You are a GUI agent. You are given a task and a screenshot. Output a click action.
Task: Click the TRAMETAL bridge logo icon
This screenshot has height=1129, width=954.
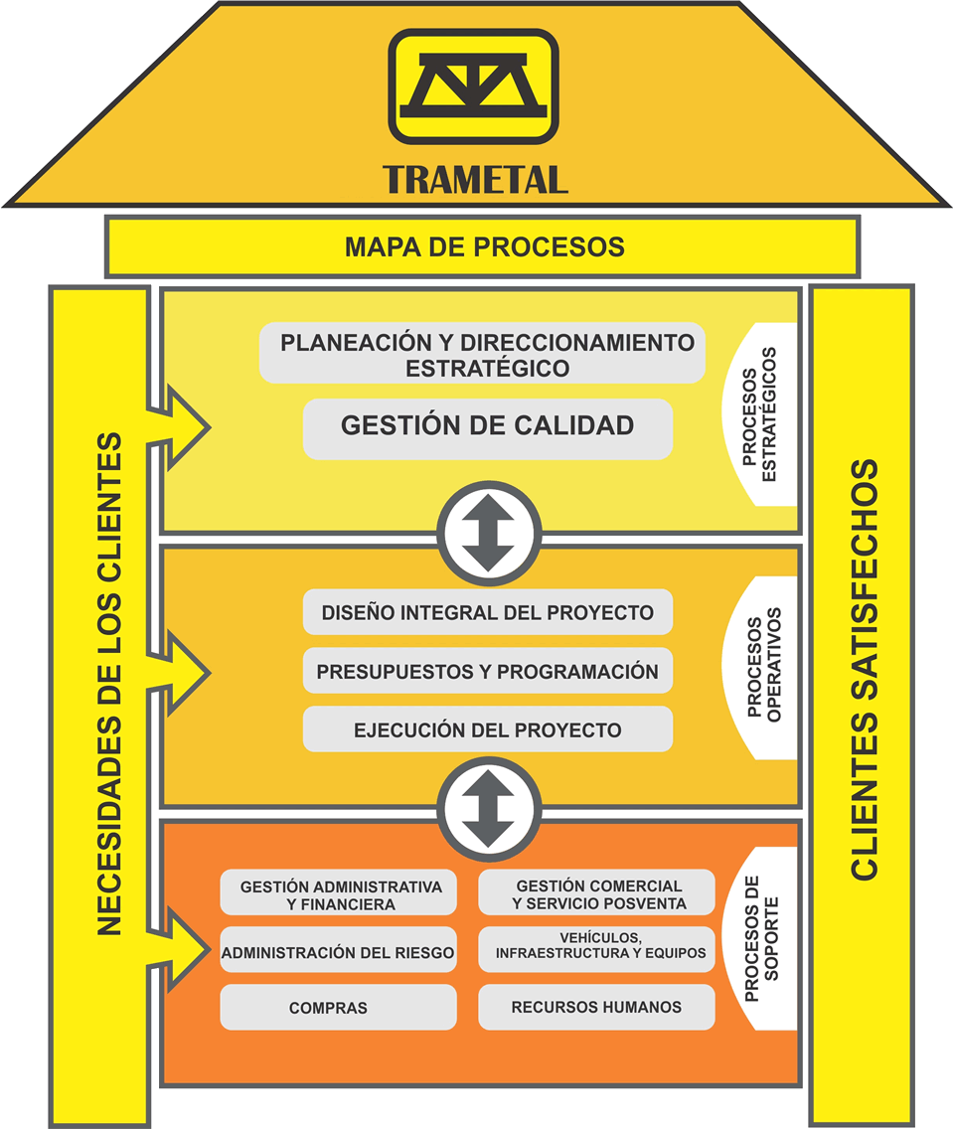(473, 86)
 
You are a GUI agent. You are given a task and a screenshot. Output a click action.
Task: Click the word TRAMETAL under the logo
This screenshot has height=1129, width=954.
(475, 179)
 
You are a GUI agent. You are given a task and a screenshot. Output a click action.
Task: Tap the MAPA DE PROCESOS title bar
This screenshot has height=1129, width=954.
(483, 246)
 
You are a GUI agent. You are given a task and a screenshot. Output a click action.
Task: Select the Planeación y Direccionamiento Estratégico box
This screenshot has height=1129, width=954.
(483, 354)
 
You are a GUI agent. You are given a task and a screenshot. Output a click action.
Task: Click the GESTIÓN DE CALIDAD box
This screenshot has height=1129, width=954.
(487, 426)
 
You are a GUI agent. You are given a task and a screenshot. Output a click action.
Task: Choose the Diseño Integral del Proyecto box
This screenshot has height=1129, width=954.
(487, 612)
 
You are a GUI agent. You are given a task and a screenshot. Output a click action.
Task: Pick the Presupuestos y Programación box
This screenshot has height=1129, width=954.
(487, 672)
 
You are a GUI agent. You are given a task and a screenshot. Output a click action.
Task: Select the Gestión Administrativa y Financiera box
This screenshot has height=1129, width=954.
(339, 893)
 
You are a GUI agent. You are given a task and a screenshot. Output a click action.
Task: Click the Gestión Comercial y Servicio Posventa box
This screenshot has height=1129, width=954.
(597, 893)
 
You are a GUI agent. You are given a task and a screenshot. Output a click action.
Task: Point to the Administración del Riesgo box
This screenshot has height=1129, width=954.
(338, 952)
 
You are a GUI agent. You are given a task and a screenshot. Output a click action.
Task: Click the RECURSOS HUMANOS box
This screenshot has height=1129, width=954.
(597, 1007)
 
